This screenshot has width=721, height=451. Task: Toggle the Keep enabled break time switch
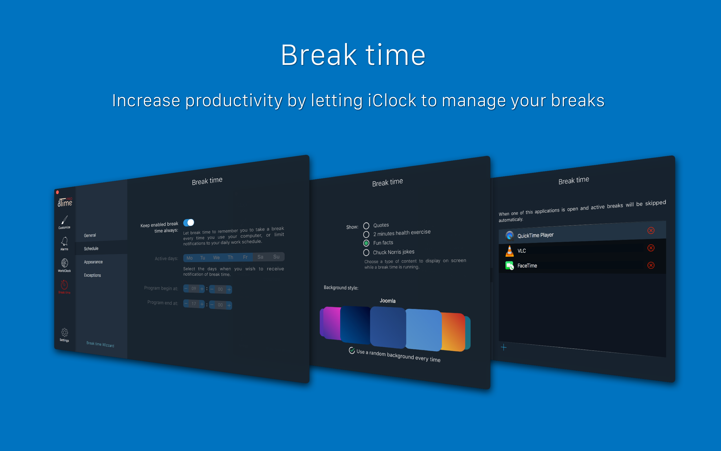click(x=189, y=222)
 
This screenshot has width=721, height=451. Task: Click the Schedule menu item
click(x=91, y=249)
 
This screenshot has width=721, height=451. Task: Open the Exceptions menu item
click(x=92, y=275)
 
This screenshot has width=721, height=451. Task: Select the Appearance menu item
click(x=93, y=262)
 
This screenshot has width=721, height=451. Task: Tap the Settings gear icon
click(x=64, y=332)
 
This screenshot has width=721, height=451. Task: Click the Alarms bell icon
click(x=64, y=241)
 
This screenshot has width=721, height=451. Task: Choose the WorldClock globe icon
click(x=64, y=263)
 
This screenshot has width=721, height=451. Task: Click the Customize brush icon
click(x=64, y=220)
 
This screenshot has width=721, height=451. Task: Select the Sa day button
click(x=260, y=257)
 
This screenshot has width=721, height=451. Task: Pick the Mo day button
click(x=190, y=258)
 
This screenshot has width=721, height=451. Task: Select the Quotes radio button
click(x=366, y=226)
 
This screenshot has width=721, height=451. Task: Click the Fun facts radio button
click(x=366, y=243)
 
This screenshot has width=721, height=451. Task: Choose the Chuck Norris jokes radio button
click(x=366, y=253)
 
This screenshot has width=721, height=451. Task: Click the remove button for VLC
click(x=651, y=248)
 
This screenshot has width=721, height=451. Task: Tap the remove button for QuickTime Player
click(x=651, y=230)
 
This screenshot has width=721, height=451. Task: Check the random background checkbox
click(x=352, y=351)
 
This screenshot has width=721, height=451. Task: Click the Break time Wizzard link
click(x=100, y=345)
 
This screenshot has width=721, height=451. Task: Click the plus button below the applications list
click(x=503, y=347)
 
